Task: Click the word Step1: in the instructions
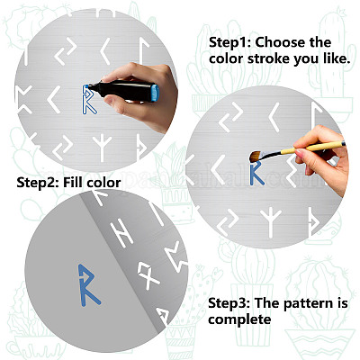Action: point(230,42)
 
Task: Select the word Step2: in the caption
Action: point(37,183)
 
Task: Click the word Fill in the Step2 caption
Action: point(73,183)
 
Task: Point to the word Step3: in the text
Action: point(229,303)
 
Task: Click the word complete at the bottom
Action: point(239,319)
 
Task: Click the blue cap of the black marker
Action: point(155,93)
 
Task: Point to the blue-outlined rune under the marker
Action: point(89,100)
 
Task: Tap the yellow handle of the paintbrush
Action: point(312,147)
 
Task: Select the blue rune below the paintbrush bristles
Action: point(256,173)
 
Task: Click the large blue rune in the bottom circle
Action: point(86,285)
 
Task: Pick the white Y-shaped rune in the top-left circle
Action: point(102,148)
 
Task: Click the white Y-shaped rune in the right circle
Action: point(271,222)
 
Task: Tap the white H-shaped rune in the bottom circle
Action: point(121,233)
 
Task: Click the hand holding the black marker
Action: point(141,96)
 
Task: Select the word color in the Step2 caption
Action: point(103,183)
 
